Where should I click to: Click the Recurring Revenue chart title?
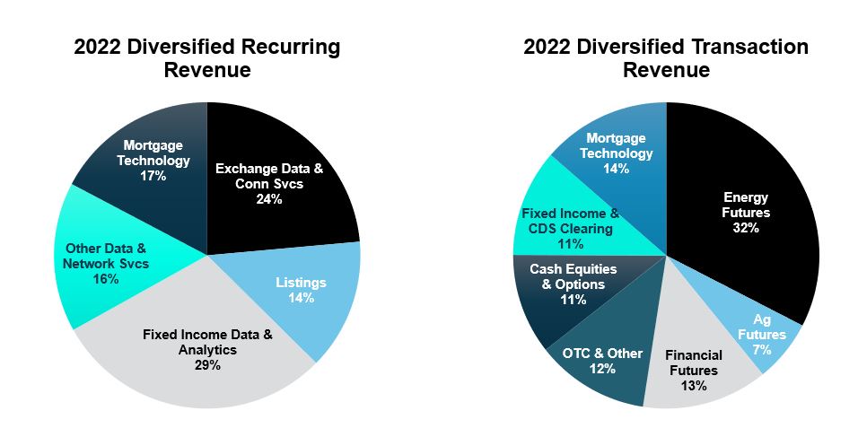click(x=207, y=58)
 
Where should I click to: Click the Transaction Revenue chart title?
click(x=666, y=58)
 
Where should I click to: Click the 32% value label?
click(x=746, y=228)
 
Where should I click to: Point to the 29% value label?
click(x=206, y=365)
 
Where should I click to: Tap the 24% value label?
click(x=269, y=199)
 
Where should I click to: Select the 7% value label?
click(x=762, y=350)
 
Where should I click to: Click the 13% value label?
click(x=693, y=386)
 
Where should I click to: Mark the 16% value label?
click(x=106, y=279)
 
